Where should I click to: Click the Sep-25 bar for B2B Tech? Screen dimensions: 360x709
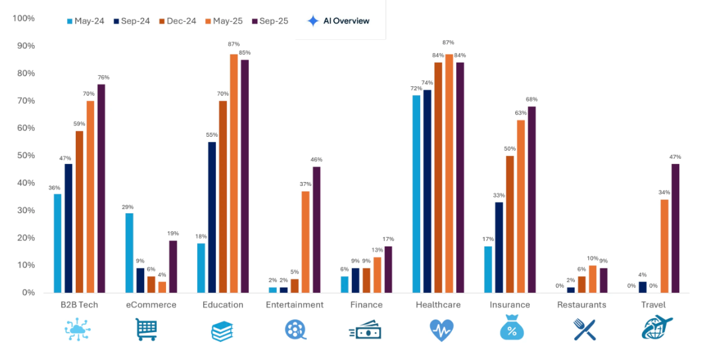click(101, 189)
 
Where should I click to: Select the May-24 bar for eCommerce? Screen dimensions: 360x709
click(129, 253)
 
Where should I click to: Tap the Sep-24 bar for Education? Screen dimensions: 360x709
click(212, 217)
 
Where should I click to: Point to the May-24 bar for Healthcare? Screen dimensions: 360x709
click(416, 194)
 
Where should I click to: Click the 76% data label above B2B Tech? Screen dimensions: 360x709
click(103, 78)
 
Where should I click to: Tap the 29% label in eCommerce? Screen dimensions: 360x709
click(129, 207)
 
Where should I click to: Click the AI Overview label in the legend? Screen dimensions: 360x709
click(345, 21)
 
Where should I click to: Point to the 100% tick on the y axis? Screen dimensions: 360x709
click(24, 18)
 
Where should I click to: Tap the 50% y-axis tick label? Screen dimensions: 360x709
click(25, 155)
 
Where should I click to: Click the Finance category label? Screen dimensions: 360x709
click(366, 305)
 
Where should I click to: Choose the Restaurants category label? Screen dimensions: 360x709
click(582, 305)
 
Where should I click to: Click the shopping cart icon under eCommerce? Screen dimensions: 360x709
click(146, 329)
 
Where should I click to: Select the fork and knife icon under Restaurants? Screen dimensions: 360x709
click(584, 329)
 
